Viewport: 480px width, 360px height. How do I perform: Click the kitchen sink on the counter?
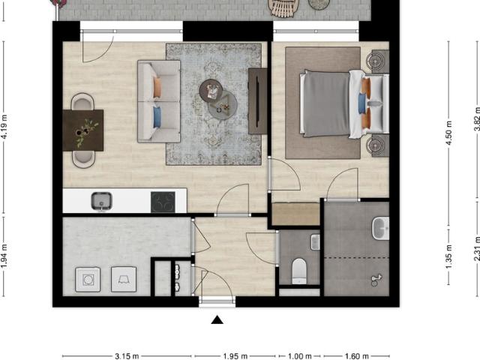[101, 200]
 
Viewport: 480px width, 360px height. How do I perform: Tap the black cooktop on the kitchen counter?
[163, 201]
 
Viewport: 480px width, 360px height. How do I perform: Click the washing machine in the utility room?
[88, 279]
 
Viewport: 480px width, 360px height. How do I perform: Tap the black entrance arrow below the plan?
[217, 320]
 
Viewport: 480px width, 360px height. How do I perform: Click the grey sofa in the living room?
[158, 101]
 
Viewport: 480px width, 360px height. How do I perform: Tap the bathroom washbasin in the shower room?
[380, 227]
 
